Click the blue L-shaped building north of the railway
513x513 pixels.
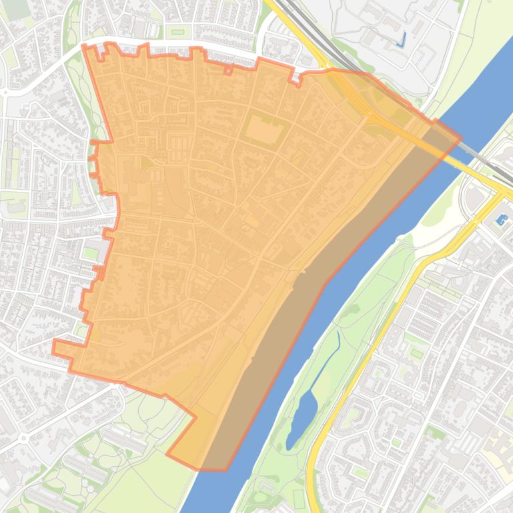coord(401,41)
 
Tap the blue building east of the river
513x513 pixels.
coord(501,219)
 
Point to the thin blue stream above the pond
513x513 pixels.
coord(337,346)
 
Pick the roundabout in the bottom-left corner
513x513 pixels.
coord(23,438)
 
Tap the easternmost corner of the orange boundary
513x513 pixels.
coord(460,139)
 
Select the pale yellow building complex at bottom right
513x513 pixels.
coord(499,453)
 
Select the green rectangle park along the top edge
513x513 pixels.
coord(177,31)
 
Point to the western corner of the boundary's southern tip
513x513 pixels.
coord(167,455)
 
